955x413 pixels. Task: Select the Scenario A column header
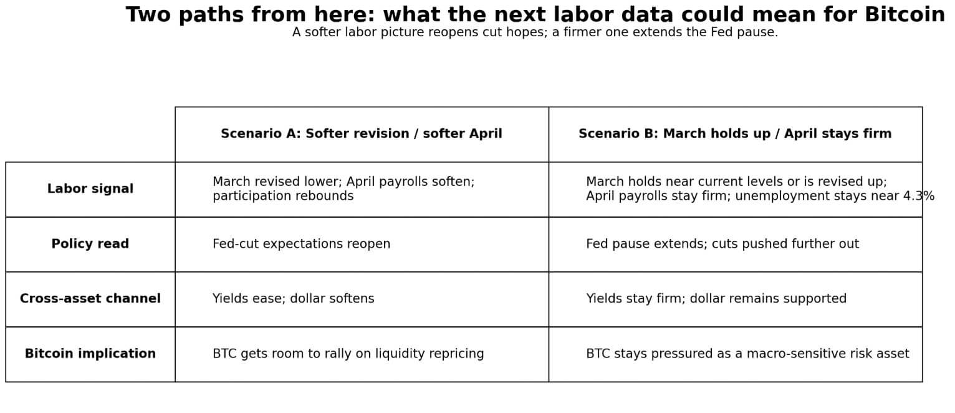[x=361, y=134]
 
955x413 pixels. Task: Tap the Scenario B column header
[x=734, y=134]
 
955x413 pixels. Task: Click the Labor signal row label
[x=90, y=189]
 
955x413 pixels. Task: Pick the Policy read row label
[x=90, y=244]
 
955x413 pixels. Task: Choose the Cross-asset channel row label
[x=90, y=299]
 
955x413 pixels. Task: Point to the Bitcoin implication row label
[x=90, y=354]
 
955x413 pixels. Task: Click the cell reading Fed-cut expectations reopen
[x=301, y=244]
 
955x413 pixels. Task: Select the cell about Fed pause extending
[x=722, y=244]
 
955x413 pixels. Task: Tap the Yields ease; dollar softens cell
[x=293, y=299]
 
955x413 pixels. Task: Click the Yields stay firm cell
[x=716, y=299]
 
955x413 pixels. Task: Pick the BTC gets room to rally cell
[x=348, y=354]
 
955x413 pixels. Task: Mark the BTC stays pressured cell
[x=747, y=354]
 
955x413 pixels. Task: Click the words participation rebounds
[x=282, y=197]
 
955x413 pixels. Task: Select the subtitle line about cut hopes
[x=535, y=32]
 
